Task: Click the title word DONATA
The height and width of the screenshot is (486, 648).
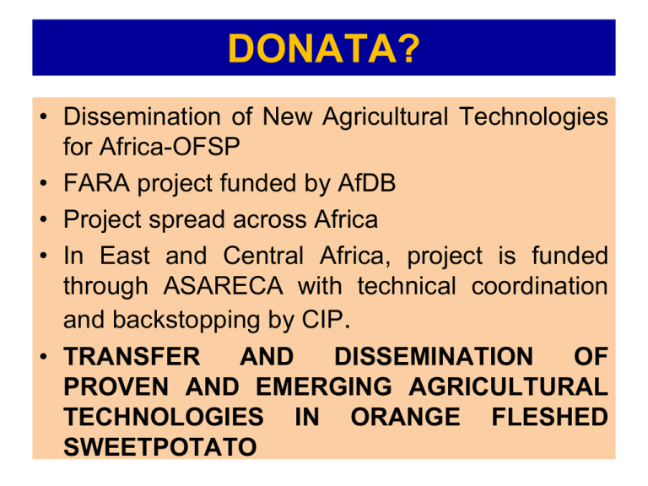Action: (x=312, y=48)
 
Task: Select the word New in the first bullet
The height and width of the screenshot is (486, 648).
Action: (x=287, y=116)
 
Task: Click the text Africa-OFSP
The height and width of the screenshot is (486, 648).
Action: (x=170, y=146)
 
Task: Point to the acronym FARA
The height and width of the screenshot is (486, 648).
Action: (x=96, y=182)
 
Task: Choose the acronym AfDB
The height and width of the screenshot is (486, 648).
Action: (x=366, y=182)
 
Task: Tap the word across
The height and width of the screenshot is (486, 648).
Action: (x=269, y=219)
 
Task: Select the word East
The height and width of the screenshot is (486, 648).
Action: (x=124, y=256)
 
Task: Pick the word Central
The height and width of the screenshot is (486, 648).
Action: (x=263, y=256)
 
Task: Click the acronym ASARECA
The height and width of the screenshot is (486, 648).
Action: (x=223, y=285)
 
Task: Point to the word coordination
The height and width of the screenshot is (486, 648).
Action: (x=539, y=285)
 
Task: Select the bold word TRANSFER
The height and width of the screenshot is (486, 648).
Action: (x=132, y=356)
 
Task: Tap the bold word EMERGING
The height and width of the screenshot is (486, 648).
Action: (x=324, y=386)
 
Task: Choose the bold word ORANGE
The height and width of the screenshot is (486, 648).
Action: (x=405, y=417)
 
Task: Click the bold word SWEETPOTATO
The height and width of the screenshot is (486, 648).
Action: (x=160, y=447)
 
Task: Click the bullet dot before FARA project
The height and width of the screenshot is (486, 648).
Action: (x=44, y=183)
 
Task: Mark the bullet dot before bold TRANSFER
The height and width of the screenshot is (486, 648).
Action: (x=44, y=357)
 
